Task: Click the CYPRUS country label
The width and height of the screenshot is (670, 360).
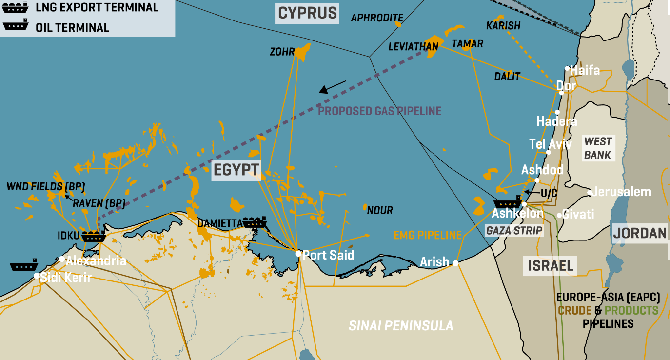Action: click(307, 13)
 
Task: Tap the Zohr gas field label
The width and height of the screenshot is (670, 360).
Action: click(282, 52)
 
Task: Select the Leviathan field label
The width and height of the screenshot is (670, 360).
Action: click(413, 46)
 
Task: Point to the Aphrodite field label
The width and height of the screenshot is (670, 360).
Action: click(377, 18)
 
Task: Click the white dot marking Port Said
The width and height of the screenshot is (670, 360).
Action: click(298, 253)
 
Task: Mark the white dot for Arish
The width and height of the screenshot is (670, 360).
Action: click(455, 263)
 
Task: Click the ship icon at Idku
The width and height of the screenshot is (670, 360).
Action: click(94, 237)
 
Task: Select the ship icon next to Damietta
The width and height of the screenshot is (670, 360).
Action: click(255, 222)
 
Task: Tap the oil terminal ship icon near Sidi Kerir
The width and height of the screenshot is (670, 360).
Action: click(24, 266)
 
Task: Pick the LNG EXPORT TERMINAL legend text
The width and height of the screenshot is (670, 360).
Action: click(97, 8)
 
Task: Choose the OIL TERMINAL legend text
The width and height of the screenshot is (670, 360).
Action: click(72, 28)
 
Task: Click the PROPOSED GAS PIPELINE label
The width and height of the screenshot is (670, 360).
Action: click(379, 111)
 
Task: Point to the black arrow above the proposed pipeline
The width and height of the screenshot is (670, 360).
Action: click(333, 87)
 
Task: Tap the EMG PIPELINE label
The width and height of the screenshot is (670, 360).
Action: click(427, 235)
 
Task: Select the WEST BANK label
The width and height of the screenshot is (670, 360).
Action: click(598, 148)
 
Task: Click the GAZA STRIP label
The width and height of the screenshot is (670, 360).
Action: click(514, 231)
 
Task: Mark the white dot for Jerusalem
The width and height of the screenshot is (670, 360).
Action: click(590, 192)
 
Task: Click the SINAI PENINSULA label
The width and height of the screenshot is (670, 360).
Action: click(401, 325)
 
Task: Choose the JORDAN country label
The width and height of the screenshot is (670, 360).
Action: click(639, 233)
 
